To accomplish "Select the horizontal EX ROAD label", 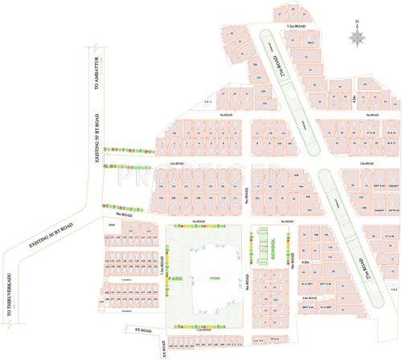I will (144, 329).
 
